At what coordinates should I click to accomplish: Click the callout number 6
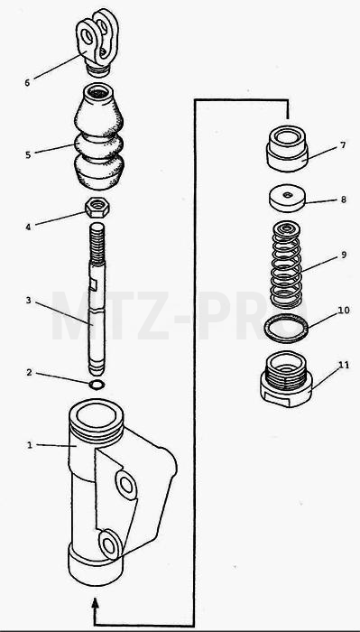coord(27,83)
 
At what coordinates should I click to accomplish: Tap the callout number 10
coord(344,311)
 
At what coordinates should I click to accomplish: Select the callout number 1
coord(30,445)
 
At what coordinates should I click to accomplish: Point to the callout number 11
coord(344,365)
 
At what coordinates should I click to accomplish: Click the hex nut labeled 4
coord(97,208)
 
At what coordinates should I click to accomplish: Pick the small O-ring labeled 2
coord(97,385)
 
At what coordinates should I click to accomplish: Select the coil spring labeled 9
coord(286,265)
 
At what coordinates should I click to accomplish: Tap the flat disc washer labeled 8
coord(287,198)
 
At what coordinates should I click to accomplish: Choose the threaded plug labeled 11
coord(286,379)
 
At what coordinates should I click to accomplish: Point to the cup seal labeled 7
coord(287,149)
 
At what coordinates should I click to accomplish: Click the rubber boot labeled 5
coord(98,136)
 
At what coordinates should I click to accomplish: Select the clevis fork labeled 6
coord(97,42)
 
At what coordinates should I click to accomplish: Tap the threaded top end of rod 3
coord(97,243)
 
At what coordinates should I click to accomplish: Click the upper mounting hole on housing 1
coord(126,485)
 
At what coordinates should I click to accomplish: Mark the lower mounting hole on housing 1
coord(109,545)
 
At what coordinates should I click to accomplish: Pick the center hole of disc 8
coord(287,195)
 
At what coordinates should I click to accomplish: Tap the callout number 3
coord(28,301)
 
